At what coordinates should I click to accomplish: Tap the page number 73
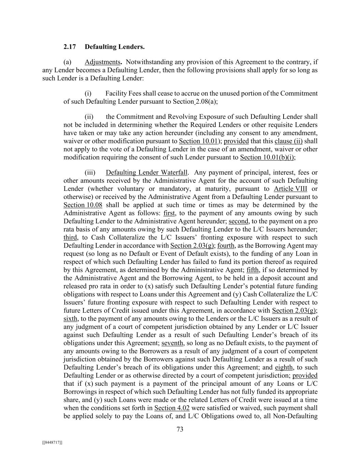(180, 429)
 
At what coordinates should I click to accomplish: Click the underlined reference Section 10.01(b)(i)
(268, 157)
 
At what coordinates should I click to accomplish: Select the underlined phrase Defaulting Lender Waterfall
(147, 172)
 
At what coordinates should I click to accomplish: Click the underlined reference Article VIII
(290, 189)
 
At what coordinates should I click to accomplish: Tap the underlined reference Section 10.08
(83, 205)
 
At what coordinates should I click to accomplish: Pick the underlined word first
(169, 213)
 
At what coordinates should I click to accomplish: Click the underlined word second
(239, 221)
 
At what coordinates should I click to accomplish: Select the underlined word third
(70, 238)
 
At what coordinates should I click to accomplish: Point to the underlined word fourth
(226, 246)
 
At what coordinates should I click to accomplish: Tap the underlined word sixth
(70, 319)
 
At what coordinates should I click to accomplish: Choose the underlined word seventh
(173, 343)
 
